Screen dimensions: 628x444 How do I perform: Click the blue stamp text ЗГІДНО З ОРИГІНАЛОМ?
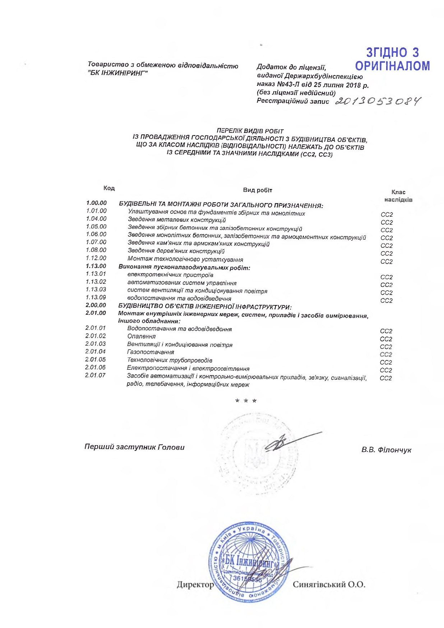[392, 59]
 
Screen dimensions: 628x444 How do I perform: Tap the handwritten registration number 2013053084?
[377, 102]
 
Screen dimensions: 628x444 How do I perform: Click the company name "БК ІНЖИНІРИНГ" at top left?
[118, 73]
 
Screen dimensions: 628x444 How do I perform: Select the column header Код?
[109, 188]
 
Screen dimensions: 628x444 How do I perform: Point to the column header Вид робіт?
[258, 190]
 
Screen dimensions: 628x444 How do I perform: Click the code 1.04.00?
[96, 219]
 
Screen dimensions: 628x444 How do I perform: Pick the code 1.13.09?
[96, 297]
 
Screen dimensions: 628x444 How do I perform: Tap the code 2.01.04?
[95, 352]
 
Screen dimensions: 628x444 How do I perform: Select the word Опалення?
[142, 336]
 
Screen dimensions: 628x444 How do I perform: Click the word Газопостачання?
[151, 352]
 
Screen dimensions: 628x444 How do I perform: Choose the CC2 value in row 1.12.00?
[387, 262]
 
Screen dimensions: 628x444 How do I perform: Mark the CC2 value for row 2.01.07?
[386, 378]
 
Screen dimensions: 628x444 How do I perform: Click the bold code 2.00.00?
[96, 305]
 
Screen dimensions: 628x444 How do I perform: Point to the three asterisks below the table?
[246, 401]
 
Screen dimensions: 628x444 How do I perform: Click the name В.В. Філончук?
[386, 450]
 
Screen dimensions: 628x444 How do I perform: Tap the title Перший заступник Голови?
[134, 447]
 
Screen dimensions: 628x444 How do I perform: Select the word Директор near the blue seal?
[195, 585]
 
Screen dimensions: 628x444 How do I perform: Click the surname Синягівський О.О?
[329, 585]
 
